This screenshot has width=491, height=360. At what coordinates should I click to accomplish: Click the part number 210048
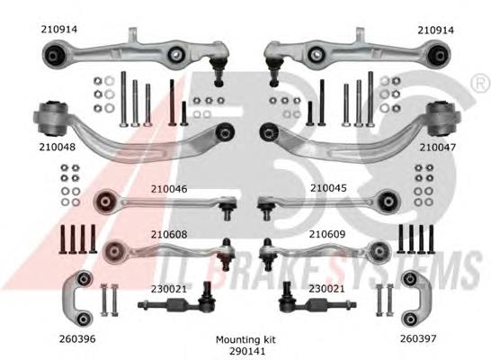(x=58, y=147)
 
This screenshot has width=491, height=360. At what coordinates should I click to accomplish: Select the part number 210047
(x=437, y=148)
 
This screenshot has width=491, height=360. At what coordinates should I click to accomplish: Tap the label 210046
(x=169, y=189)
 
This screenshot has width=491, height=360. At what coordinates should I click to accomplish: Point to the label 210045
(x=328, y=188)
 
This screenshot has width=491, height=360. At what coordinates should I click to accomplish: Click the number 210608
(x=169, y=234)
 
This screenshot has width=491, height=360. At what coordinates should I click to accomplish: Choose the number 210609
(x=327, y=234)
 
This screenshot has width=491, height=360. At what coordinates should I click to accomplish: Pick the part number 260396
(x=77, y=339)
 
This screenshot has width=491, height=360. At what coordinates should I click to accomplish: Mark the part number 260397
(x=418, y=338)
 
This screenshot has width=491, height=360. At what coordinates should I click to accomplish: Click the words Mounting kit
(x=245, y=339)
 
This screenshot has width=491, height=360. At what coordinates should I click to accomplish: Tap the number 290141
(x=247, y=351)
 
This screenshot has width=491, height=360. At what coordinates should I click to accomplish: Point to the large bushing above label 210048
(x=50, y=119)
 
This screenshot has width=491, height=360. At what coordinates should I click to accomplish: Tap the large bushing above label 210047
(x=443, y=119)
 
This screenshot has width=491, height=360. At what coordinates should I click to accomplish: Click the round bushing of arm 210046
(x=106, y=202)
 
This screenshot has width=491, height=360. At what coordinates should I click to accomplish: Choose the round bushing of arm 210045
(x=388, y=202)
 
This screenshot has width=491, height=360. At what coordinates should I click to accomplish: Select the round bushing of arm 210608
(x=114, y=251)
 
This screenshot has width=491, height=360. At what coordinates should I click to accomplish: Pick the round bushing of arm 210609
(x=379, y=251)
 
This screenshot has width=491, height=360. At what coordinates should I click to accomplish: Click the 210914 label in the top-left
(x=59, y=30)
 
